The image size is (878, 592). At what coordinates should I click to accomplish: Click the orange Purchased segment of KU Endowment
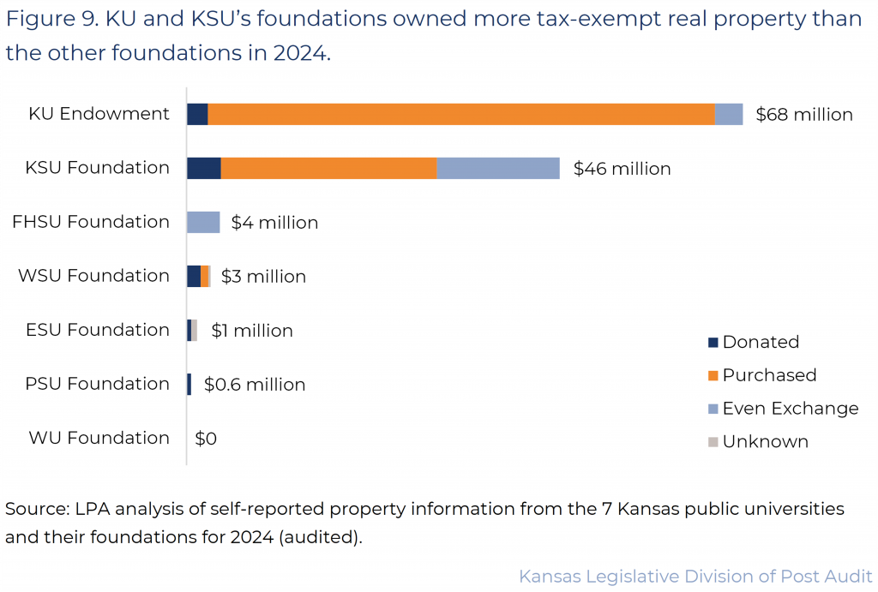pos(461,114)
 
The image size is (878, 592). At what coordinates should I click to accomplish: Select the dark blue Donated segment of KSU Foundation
pos(204,168)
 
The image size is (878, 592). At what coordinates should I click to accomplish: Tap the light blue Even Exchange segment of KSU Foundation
pos(498,168)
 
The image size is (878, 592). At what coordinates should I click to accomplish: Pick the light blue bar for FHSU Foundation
pos(203,222)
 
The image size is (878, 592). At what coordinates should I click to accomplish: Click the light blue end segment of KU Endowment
pos(729,114)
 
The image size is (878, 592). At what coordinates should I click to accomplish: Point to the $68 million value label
pos(803,115)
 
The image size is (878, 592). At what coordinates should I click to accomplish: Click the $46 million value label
pos(622,169)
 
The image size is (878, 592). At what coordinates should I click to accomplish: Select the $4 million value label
pos(274,223)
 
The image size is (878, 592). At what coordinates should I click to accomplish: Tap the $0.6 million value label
pos(255,385)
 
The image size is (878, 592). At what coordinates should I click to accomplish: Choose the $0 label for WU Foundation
pos(206,439)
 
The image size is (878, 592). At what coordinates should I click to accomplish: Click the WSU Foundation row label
pos(93,276)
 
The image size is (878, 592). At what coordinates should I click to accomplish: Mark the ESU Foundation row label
pos(97,330)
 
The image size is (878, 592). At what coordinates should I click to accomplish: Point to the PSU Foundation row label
pos(97,384)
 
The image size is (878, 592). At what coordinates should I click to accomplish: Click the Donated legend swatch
pos(713,343)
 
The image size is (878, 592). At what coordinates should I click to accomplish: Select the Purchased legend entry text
pos(769,375)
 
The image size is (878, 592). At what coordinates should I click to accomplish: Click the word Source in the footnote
pos(34,509)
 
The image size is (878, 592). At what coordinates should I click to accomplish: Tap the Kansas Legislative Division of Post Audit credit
pos(695,576)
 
